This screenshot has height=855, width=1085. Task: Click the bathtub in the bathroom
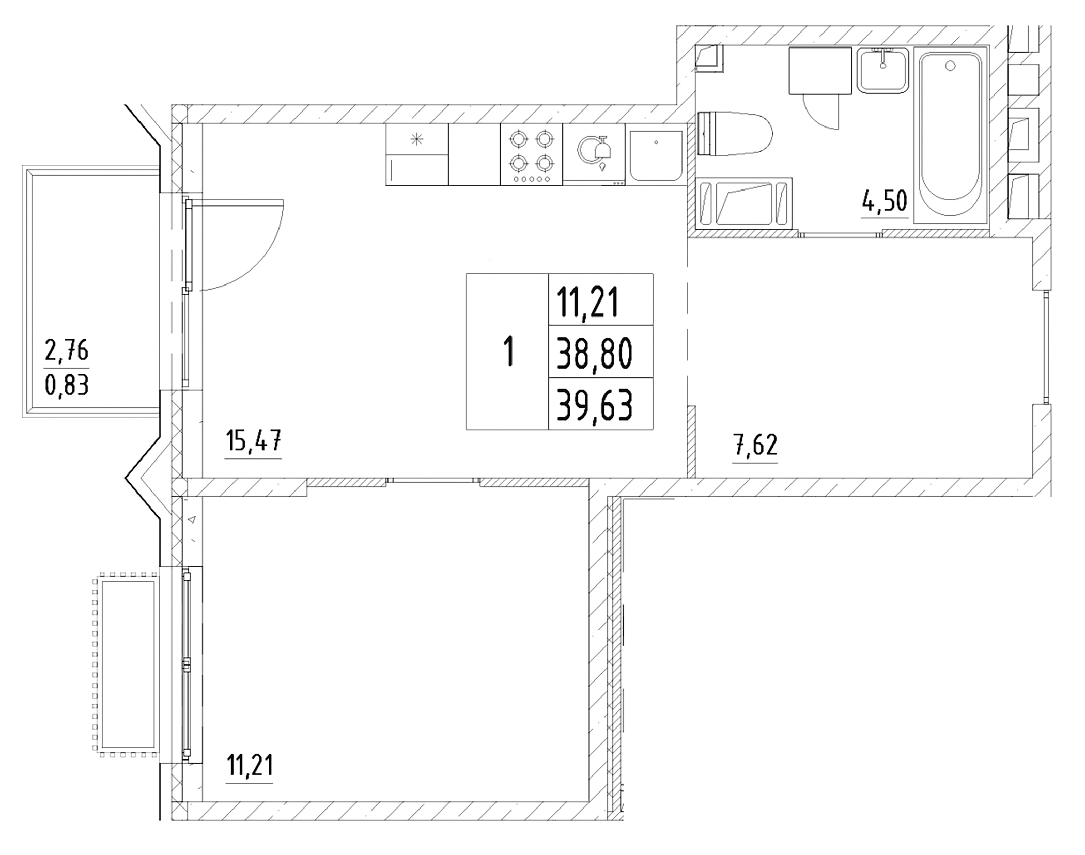[x=951, y=135]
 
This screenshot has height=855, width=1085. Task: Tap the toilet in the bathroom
[x=735, y=133]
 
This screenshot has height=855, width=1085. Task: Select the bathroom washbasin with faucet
[x=882, y=70]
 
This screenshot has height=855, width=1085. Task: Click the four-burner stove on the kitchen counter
[x=531, y=154]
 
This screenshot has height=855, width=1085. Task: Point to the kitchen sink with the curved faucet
[x=594, y=154]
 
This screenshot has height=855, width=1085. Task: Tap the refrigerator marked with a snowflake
[x=417, y=154]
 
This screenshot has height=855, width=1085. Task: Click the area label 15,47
[x=254, y=442]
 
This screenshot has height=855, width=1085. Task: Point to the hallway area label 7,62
[x=755, y=445]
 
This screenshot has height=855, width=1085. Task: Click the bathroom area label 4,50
[x=884, y=201]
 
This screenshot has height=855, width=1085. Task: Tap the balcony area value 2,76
[x=67, y=351]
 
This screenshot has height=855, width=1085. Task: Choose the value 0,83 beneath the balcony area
[x=67, y=385]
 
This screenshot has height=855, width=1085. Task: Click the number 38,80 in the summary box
[x=595, y=355]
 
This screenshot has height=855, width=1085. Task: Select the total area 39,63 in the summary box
[x=595, y=406]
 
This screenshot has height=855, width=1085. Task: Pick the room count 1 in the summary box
[x=509, y=351]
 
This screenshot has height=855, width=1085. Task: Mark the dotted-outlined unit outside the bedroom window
[x=126, y=664]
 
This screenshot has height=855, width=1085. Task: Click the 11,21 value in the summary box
[x=588, y=303]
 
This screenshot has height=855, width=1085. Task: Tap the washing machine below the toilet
[x=743, y=203]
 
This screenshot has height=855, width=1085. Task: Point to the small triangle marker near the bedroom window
[x=192, y=519]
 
